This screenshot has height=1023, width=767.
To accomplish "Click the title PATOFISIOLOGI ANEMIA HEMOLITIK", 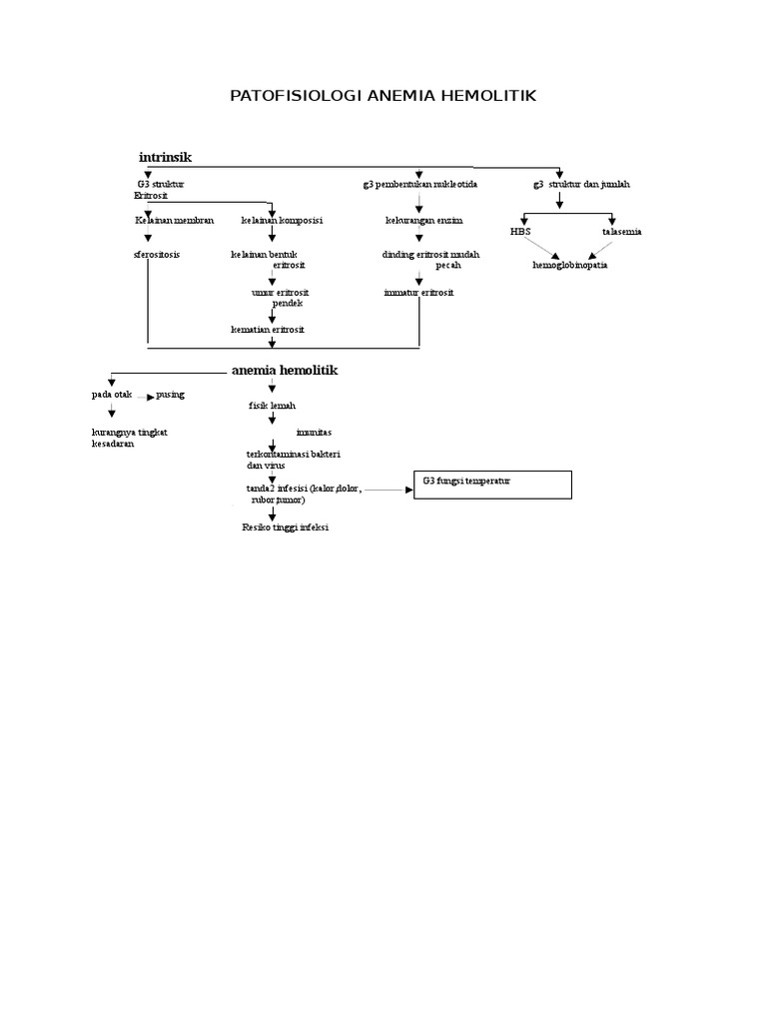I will (383, 96).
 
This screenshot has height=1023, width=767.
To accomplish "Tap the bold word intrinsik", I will (165, 158).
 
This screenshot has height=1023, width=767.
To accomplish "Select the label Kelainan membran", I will (175, 220).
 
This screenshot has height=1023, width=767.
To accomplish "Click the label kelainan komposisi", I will (281, 220).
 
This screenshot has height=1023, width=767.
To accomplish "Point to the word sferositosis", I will (157, 255).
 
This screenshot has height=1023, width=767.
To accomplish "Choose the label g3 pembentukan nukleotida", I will (419, 185).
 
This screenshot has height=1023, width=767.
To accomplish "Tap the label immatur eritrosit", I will (417, 292).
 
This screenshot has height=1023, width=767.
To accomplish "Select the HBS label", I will (520, 231).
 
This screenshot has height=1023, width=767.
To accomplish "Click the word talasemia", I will (622, 231).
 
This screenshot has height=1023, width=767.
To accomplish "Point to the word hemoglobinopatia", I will (569, 266).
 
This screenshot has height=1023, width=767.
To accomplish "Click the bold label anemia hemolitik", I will (285, 370).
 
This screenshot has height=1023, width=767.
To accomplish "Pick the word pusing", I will (171, 395).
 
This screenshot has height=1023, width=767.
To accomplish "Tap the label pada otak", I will (111, 395).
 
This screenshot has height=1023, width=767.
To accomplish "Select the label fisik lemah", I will (272, 406).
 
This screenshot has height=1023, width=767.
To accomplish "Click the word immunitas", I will (315, 432).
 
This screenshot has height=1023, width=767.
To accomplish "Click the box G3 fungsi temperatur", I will (493, 485).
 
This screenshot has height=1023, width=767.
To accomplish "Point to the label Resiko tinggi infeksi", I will (285, 526).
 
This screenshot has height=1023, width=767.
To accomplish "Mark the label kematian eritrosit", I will (268, 329).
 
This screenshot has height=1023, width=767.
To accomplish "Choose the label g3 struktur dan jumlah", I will (581, 185).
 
